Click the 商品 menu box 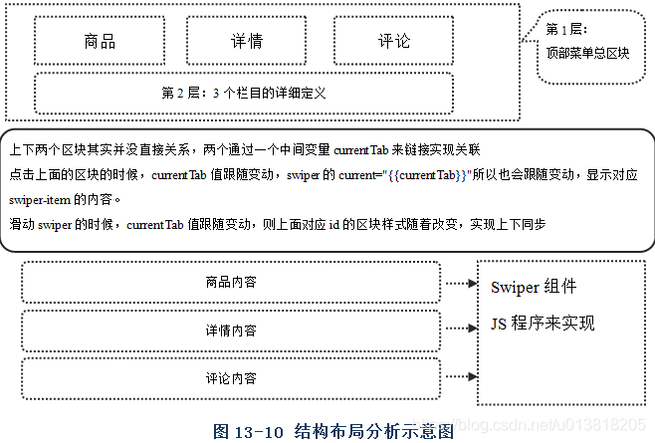pyautogui.click(x=100, y=42)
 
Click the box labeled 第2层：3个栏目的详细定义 pyautogui.click(x=244, y=93)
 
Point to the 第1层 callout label pyautogui.click(x=567, y=30)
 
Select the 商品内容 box pyautogui.click(x=230, y=282)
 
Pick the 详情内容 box pyautogui.click(x=230, y=330)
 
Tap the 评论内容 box pyautogui.click(x=230, y=378)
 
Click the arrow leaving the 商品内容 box pyautogui.click(x=458, y=283)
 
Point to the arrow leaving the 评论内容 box pyautogui.click(x=458, y=376)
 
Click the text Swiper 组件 pyautogui.click(x=534, y=288)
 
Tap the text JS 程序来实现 pyautogui.click(x=543, y=324)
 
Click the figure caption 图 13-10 pyautogui.click(x=249, y=431)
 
